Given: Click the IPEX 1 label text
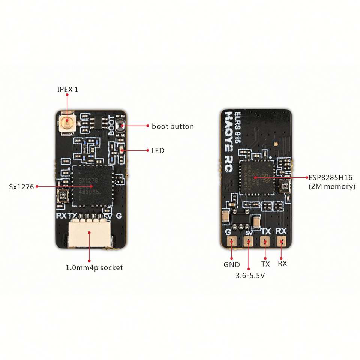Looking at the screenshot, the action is click(x=67, y=90).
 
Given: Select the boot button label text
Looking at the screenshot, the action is click(x=172, y=126).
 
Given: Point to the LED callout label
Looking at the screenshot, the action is click(x=157, y=151).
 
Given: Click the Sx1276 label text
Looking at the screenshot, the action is click(x=21, y=186).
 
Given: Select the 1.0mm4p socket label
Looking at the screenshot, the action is click(x=94, y=268).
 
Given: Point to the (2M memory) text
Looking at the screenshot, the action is click(x=331, y=186).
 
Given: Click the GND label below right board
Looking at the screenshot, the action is click(x=231, y=264).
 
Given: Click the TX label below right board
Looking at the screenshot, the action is click(x=265, y=264).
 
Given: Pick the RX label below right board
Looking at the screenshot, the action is click(x=282, y=263).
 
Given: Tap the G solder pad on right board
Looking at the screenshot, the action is click(x=231, y=242).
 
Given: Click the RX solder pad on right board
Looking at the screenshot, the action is click(x=282, y=242).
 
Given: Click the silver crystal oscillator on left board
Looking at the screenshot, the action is click(x=62, y=196).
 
